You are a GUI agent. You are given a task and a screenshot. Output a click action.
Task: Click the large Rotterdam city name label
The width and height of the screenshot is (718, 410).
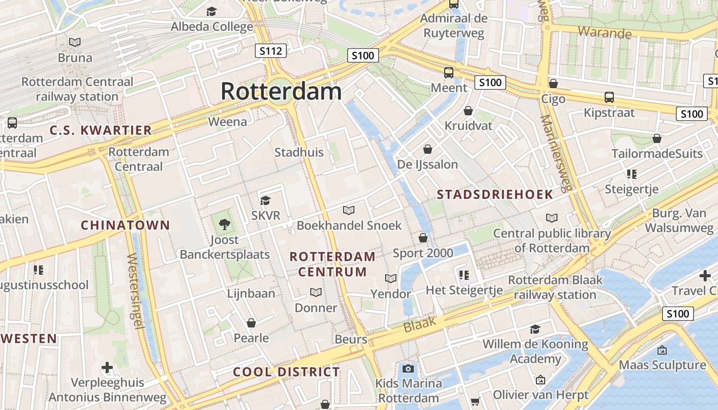(281, 91)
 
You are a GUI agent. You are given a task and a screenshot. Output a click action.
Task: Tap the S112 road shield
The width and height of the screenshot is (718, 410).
(271, 50)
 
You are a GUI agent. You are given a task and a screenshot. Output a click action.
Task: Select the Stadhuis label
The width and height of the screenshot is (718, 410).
(299, 152)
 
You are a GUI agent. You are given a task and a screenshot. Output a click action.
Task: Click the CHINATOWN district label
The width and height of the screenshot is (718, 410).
(125, 225)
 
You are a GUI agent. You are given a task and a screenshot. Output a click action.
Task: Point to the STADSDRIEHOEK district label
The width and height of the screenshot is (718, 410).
(495, 194)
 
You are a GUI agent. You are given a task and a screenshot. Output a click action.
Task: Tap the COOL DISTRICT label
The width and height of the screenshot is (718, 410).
(286, 372)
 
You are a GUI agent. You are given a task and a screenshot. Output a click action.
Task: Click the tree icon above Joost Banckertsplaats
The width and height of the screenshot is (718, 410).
(224, 223)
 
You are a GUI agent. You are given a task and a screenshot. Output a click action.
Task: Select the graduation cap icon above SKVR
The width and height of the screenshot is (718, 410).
(265, 200)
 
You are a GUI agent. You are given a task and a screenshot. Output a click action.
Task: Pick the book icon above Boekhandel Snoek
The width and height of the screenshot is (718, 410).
(349, 210)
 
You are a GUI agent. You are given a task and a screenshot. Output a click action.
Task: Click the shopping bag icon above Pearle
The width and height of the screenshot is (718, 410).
(251, 323)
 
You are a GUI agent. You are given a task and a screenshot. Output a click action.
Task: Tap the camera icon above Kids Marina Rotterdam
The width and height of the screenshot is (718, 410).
(408, 368)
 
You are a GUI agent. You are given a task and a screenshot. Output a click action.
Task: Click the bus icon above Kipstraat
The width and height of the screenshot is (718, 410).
(609, 97)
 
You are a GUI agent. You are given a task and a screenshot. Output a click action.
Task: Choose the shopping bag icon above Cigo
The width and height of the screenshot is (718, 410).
(553, 83)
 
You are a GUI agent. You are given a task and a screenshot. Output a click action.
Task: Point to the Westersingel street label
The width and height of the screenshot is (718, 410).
(135, 291)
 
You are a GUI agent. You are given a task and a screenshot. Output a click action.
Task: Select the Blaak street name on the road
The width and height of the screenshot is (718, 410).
(420, 324)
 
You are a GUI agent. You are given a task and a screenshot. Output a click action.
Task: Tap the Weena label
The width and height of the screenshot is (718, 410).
(228, 121)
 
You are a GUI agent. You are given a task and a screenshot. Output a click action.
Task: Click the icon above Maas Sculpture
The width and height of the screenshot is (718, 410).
(662, 350)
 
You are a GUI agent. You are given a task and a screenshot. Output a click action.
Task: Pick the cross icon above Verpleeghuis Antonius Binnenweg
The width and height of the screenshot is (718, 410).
(107, 367)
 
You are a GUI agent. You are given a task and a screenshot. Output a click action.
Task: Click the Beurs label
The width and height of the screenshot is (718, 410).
(351, 339)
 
